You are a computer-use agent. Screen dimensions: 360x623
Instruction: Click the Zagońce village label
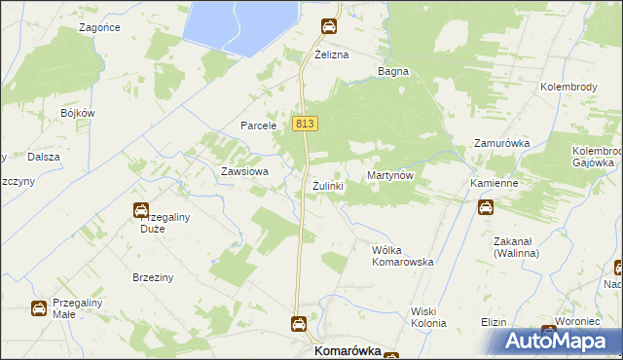pyautogui.click(x=100, y=27)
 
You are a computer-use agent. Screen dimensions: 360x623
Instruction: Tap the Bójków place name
pyautogui.click(x=76, y=113)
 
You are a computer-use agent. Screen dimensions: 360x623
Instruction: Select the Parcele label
pyautogui.click(x=260, y=126)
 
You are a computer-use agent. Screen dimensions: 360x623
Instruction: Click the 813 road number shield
pyautogui.click(x=304, y=124)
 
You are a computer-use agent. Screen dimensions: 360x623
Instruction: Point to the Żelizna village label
pyautogui.click(x=331, y=55)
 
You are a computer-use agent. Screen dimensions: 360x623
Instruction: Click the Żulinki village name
pyautogui.click(x=328, y=185)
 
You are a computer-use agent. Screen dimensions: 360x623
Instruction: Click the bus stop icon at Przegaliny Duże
pyautogui.click(x=140, y=209)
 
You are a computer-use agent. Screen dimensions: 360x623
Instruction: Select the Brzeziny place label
pyautogui.click(x=153, y=277)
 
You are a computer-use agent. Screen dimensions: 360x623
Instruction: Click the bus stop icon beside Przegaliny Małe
pyautogui.click(x=39, y=308)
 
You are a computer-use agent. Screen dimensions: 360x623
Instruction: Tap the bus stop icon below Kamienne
pyautogui.click(x=485, y=206)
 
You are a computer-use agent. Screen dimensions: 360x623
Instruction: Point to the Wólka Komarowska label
pyautogui.click(x=402, y=256)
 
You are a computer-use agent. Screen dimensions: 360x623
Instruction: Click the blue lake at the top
pyautogui.click(x=238, y=21)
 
